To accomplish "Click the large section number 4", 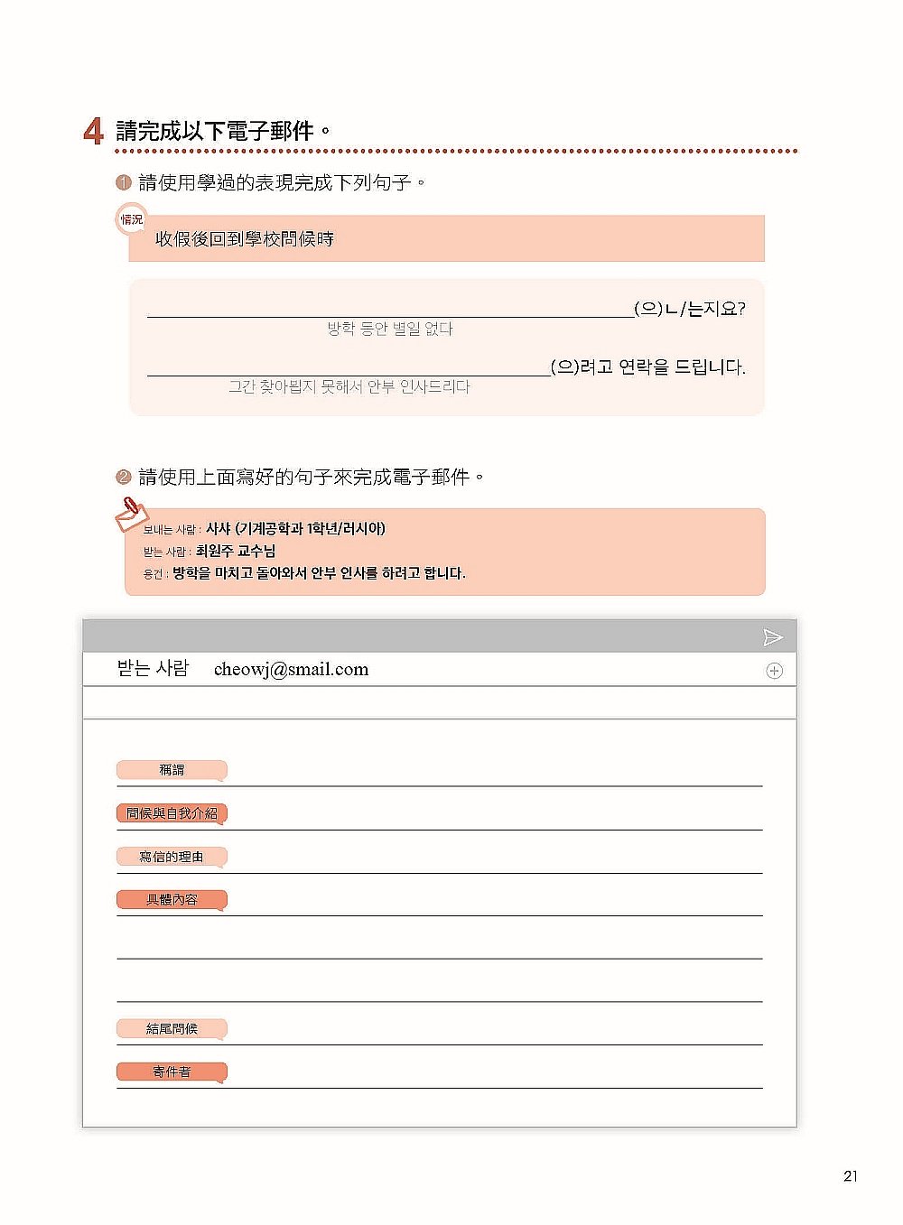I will coord(93,132).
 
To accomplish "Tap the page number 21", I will coord(850,1175).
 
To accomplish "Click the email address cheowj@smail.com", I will coord(291,669).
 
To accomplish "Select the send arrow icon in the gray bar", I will coord(772,637).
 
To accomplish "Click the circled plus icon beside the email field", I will coord(774,671).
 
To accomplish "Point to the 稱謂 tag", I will coord(171,770).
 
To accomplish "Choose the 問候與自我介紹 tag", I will coord(171,813).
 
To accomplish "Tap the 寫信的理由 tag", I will coord(171,857).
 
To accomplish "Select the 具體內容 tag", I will coord(171,900).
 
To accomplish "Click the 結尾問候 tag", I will coord(171,1028).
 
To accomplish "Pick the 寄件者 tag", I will coord(171,1072).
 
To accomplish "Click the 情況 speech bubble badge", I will coord(132,219).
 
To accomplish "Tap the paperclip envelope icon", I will coord(130,513).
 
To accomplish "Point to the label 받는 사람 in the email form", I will coord(153,669).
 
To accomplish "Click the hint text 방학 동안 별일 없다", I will coord(390,329).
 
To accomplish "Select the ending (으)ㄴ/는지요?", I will coord(690,309).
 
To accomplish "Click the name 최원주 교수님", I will coord(236,551).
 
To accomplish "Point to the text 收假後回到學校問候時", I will coord(244,239).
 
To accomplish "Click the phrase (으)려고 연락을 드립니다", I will coord(648,367).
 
